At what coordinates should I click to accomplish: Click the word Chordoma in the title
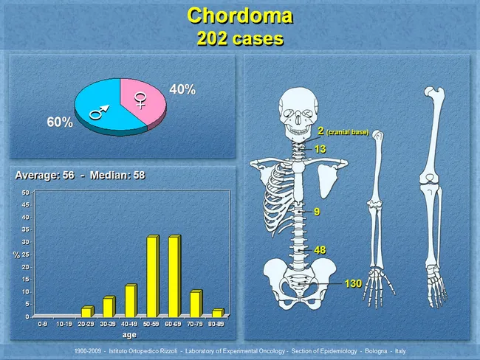240,15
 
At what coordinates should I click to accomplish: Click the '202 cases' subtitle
240,39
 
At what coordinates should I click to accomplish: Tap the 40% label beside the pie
182,89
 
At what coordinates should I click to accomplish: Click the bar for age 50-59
152,276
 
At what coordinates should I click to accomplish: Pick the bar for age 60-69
174,276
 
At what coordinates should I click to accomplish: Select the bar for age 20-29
86,311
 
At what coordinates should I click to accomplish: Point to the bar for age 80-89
217,313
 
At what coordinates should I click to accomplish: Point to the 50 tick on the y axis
25,193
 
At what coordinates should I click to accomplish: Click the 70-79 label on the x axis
196,323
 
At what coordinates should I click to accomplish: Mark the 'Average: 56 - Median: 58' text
80,175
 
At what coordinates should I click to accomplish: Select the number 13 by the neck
320,149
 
